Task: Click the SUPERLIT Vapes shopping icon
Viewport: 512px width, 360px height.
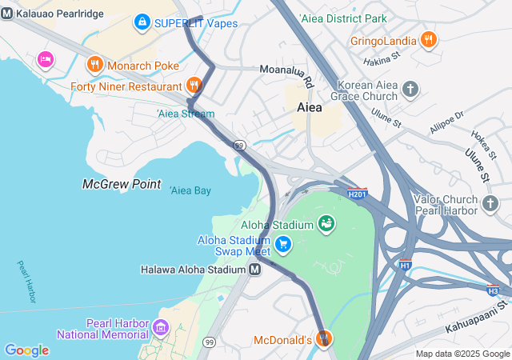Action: pos(142,22)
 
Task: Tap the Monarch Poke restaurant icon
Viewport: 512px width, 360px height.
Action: pos(94,63)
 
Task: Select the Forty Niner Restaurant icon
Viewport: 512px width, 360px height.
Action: pos(194,85)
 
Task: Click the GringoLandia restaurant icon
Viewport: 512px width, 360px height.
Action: pos(428,39)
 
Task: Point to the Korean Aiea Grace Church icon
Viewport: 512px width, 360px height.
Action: pos(410,89)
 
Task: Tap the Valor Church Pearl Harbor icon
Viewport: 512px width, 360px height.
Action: pos(490,206)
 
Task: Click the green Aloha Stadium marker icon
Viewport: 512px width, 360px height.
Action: pos(326,223)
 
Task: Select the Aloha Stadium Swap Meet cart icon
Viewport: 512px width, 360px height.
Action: pos(282,243)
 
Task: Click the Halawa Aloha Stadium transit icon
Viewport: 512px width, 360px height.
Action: pos(254,270)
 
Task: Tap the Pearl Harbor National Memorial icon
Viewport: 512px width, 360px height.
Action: pos(162,326)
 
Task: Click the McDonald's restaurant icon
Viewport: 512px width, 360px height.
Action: pos(323,339)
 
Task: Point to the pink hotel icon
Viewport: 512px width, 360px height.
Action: pos(45,58)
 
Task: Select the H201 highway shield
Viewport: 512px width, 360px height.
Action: pos(358,194)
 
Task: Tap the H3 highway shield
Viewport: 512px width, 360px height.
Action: pos(494,290)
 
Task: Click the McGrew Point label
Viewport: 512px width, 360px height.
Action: pos(122,184)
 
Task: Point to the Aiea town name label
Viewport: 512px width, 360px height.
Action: pos(310,106)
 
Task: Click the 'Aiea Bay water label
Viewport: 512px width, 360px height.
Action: pos(190,190)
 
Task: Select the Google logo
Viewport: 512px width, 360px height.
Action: pos(26,350)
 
